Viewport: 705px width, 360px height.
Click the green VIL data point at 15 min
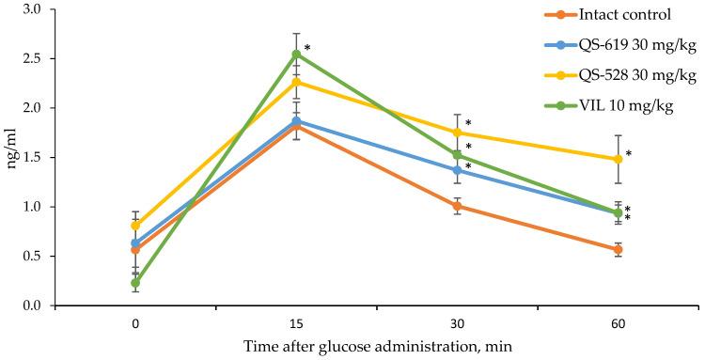[x=296, y=54]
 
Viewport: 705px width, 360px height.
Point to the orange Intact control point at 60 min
[x=618, y=249]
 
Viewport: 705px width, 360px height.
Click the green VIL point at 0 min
[x=136, y=282]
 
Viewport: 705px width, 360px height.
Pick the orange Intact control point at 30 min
[x=457, y=206]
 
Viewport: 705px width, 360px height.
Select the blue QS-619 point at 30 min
[x=457, y=170]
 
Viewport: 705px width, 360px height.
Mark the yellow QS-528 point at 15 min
[x=296, y=82]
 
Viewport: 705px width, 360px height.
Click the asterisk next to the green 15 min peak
[x=307, y=48]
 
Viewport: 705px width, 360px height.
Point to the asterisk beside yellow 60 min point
[x=629, y=154]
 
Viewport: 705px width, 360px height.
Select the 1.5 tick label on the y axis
[x=35, y=157]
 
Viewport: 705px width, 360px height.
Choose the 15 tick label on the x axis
[x=296, y=324]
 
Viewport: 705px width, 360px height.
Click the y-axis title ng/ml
[x=11, y=157]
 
